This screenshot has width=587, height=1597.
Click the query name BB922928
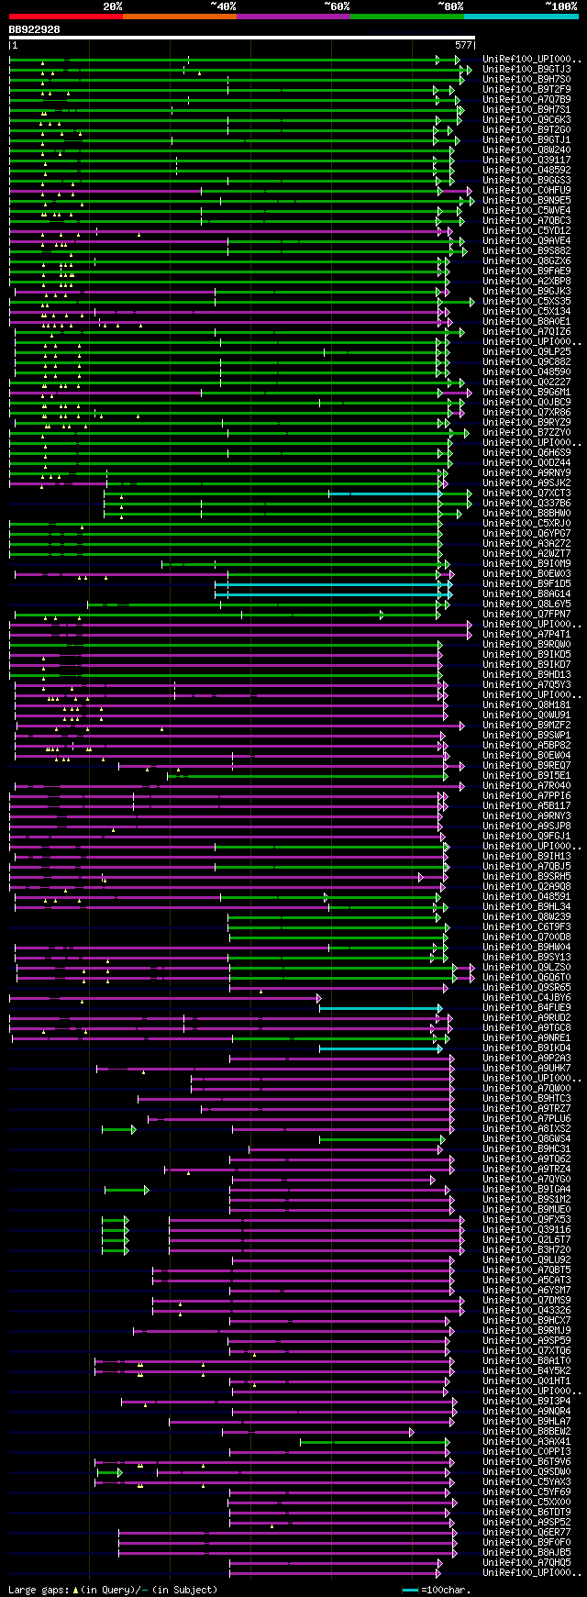(35, 29)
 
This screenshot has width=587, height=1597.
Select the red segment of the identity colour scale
(65, 17)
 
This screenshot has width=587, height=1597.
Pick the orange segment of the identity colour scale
(179, 17)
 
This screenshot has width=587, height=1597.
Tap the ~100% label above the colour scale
(560, 6)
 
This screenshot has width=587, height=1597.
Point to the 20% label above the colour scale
(112, 6)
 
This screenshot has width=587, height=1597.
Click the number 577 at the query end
(463, 44)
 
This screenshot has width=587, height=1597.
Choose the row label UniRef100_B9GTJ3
(528, 70)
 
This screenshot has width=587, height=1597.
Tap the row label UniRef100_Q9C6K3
(528, 120)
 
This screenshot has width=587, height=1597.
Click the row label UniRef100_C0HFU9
(528, 191)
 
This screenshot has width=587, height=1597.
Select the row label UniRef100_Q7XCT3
(528, 494)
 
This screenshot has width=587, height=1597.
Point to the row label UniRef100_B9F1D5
(528, 584)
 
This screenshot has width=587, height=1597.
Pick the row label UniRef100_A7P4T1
(528, 635)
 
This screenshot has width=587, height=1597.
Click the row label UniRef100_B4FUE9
(528, 1008)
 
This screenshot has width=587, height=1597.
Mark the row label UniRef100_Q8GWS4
(528, 1139)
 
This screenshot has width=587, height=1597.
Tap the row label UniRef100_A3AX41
(528, 1442)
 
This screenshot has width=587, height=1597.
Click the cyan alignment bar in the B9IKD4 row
(381, 1048)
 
